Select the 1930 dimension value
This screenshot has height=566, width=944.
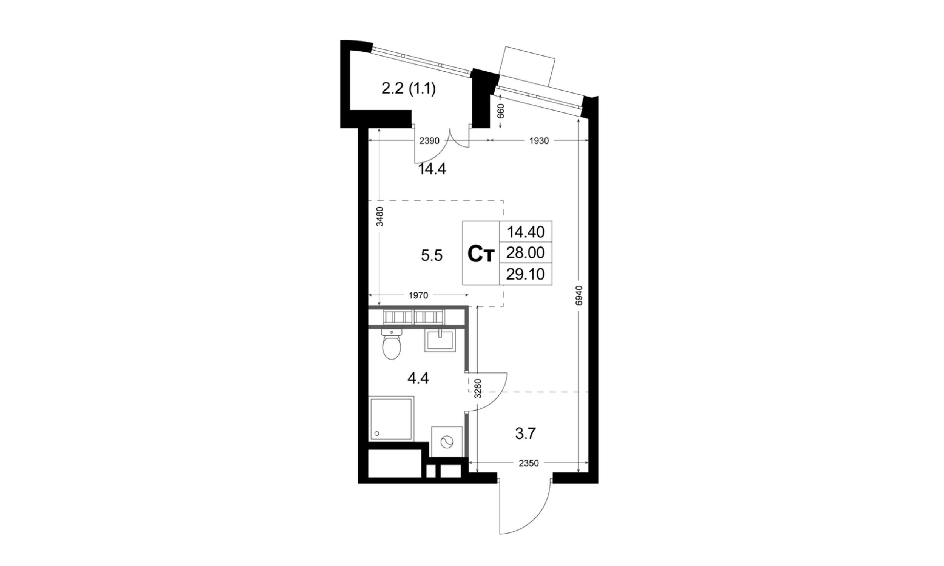[x=539, y=141]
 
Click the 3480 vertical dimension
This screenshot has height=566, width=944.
[x=379, y=216]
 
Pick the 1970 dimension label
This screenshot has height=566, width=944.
[x=418, y=295]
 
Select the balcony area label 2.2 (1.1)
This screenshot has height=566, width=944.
[x=408, y=89]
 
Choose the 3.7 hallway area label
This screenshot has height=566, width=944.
[x=526, y=434]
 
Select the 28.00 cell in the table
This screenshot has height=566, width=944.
[x=525, y=252]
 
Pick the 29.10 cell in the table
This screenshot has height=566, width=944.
[x=525, y=274]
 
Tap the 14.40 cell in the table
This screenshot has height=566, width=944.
[x=525, y=232]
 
